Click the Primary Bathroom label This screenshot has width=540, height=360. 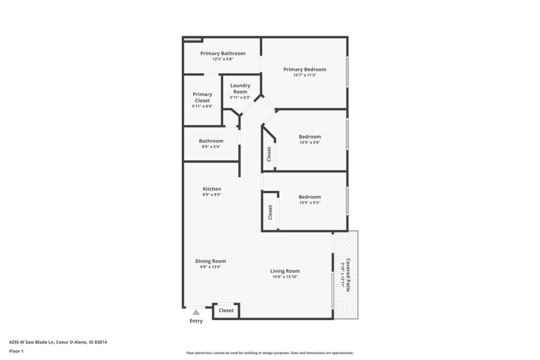[223, 53]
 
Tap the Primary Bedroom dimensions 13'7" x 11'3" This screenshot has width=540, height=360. [305, 75]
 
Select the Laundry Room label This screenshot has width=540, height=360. [240, 89]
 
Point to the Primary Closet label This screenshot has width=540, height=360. [202, 98]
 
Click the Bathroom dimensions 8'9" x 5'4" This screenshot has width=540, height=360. [211, 147]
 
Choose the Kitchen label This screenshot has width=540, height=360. [212, 189]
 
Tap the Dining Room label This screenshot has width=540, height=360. [210, 261]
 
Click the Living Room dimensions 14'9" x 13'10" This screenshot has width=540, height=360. [285, 277]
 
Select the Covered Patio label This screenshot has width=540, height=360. [348, 275]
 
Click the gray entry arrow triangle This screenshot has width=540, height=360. [196, 312]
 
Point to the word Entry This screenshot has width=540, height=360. [196, 321]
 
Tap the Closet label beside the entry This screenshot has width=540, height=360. [226, 310]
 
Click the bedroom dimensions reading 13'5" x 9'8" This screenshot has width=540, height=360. [310, 142]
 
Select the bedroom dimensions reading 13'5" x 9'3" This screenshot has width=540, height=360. [310, 203]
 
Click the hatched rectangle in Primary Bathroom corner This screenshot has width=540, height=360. [192, 40]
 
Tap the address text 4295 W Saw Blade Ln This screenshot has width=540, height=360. [31, 342]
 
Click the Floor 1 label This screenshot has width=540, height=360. [16, 351]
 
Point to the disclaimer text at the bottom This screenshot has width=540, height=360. [269, 353]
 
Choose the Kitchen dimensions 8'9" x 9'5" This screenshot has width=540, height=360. [212, 195]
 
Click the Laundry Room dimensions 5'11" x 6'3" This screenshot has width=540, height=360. [240, 98]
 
